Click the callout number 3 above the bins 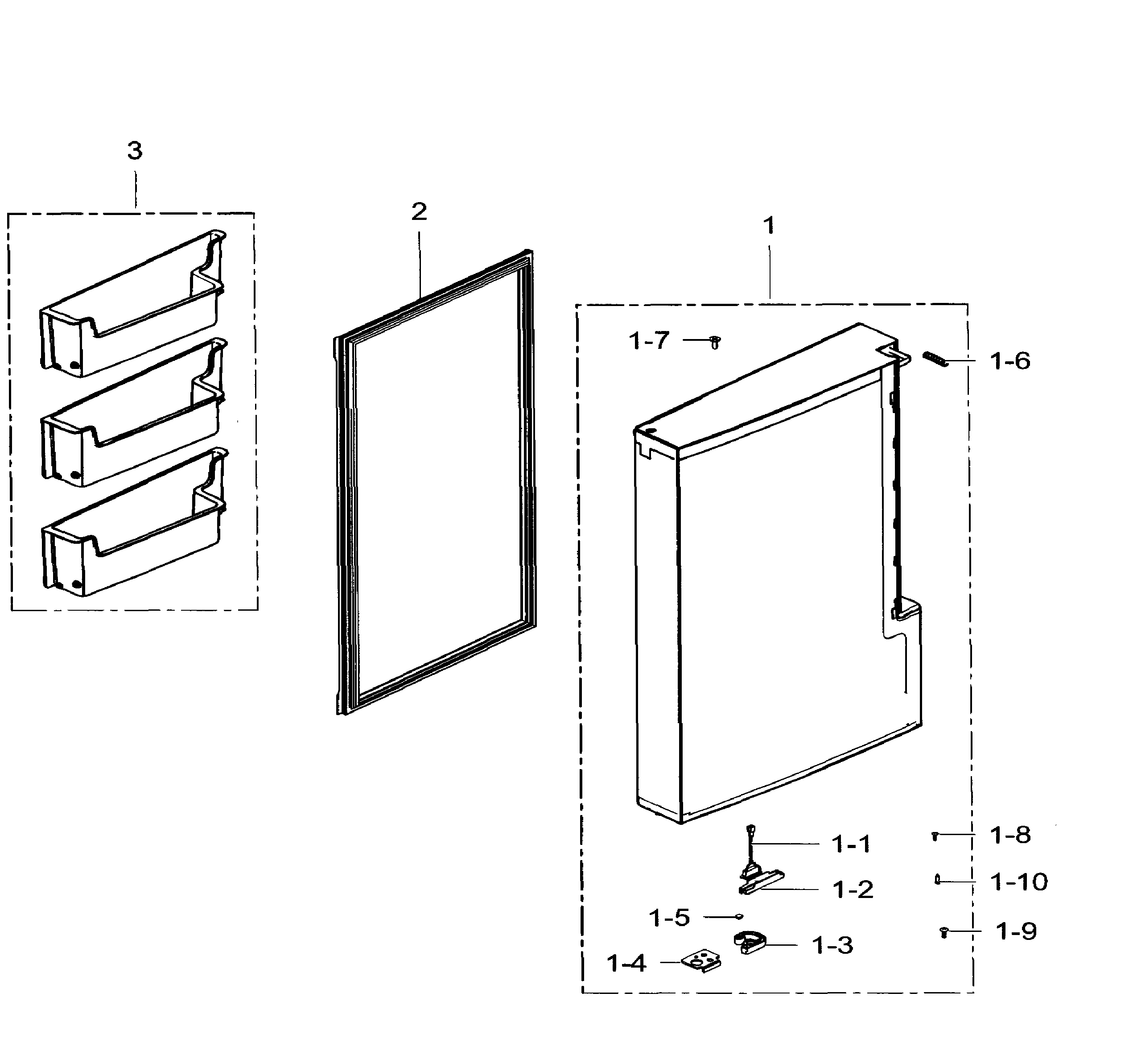[135, 151]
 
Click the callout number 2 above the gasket [419, 212]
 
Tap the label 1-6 [1010, 361]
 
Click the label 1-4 [626, 963]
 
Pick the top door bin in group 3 [132, 306]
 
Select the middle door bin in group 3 [132, 415]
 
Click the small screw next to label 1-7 [715, 342]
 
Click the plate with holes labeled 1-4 [703, 961]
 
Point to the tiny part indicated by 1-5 [739, 916]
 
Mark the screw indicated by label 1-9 [943, 931]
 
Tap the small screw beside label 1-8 [935, 835]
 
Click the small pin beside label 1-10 [937, 879]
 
